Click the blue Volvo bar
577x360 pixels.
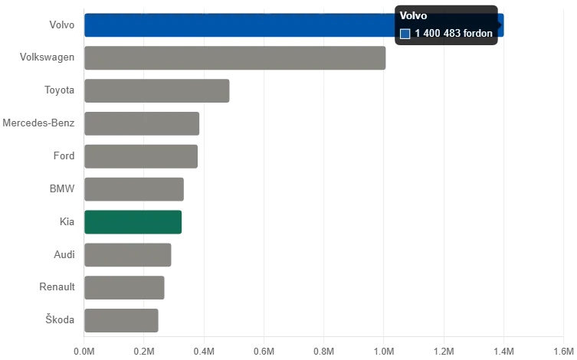238,25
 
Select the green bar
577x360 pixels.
133,222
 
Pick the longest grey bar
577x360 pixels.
234,58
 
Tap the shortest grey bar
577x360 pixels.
121,319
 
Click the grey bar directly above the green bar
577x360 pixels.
133,188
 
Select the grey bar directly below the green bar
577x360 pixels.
127,254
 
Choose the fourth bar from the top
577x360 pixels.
143,123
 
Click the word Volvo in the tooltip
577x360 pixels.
414,16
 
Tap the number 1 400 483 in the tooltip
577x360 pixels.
438,34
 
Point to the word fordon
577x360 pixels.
478,34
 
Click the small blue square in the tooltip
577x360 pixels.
405,34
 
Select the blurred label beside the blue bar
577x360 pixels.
64,25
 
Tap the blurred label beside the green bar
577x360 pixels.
67,221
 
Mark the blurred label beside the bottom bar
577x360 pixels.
59,319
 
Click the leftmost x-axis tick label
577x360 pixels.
85,349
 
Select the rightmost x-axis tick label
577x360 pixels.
564,349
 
